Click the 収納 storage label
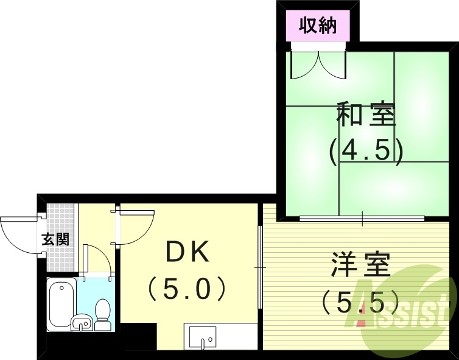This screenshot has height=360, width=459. (317, 26)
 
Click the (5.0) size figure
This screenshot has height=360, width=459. (188, 288)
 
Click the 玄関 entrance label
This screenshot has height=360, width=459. (55, 239)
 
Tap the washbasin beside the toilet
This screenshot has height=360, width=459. (82, 323)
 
